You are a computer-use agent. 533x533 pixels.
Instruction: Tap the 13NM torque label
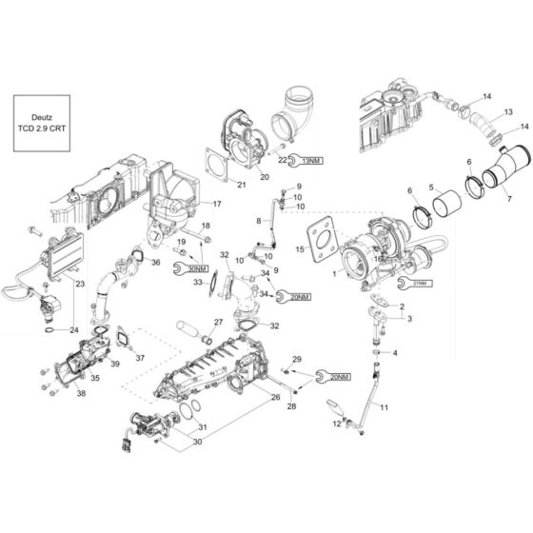(309, 162)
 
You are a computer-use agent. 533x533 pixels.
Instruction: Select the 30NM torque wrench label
(191, 268)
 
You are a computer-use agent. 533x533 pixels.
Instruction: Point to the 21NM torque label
(420, 283)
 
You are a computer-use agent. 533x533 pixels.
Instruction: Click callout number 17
(217, 204)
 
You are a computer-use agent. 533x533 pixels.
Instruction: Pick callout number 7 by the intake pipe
(508, 199)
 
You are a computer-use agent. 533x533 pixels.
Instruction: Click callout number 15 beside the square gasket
(302, 251)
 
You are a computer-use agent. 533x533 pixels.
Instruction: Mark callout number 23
(79, 284)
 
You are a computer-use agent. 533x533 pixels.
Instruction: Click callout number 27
(218, 322)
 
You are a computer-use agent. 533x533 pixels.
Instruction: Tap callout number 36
(155, 263)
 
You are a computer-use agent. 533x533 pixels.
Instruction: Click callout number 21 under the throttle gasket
(242, 184)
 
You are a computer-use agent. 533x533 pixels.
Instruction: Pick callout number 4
(396, 352)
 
